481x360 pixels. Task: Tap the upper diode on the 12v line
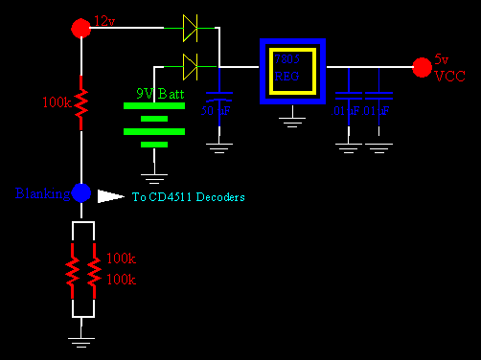tap(190, 29)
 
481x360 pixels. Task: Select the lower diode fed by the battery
tap(190, 66)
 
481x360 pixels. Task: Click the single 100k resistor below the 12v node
tap(81, 100)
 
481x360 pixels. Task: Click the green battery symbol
tap(153, 124)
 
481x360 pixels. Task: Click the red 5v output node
tap(421, 66)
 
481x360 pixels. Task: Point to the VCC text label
tap(449, 77)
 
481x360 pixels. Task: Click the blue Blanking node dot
tap(81, 193)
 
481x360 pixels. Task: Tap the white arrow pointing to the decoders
tap(111, 196)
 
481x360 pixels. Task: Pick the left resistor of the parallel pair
tap(71, 270)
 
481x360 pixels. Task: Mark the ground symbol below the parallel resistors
tap(81, 338)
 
